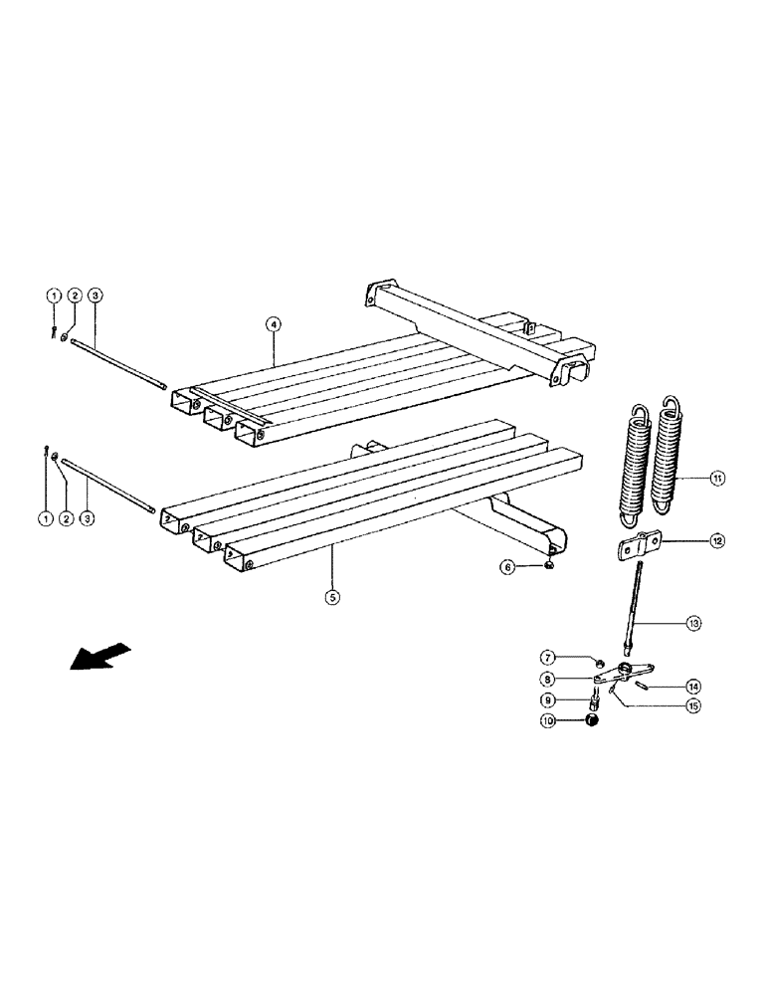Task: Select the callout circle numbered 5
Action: (332, 597)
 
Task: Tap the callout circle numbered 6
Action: (507, 566)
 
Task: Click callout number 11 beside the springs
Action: (717, 479)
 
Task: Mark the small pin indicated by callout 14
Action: (644, 684)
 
